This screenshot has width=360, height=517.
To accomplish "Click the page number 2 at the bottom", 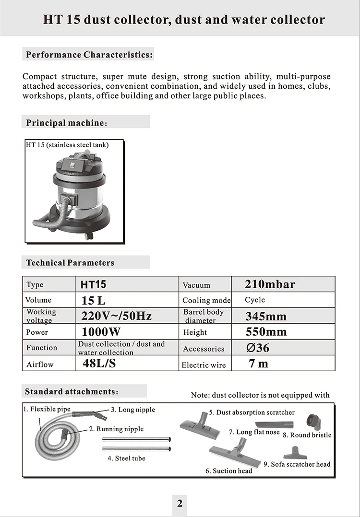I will point(180,503).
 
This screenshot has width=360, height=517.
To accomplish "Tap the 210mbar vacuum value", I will point(270,284).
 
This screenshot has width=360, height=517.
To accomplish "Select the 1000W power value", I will point(101,332).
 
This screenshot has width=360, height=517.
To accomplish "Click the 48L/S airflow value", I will point(99,363).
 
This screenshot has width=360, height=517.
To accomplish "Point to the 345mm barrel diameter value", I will point(266,317).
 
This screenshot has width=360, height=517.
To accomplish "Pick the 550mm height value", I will point(266,332).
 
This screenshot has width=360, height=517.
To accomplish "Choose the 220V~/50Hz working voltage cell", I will point(117,316).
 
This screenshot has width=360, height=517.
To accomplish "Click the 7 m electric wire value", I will point(258,364).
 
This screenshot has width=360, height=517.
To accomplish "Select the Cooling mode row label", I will point(206,301).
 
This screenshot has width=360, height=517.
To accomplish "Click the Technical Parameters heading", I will point(70,263).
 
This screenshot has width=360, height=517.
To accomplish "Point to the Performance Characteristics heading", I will point(89,55).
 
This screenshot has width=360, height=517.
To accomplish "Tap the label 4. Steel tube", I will point(126,458).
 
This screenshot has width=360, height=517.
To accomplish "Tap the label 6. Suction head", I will point(229,471).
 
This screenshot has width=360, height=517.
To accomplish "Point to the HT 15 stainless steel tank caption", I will point(67,145).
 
